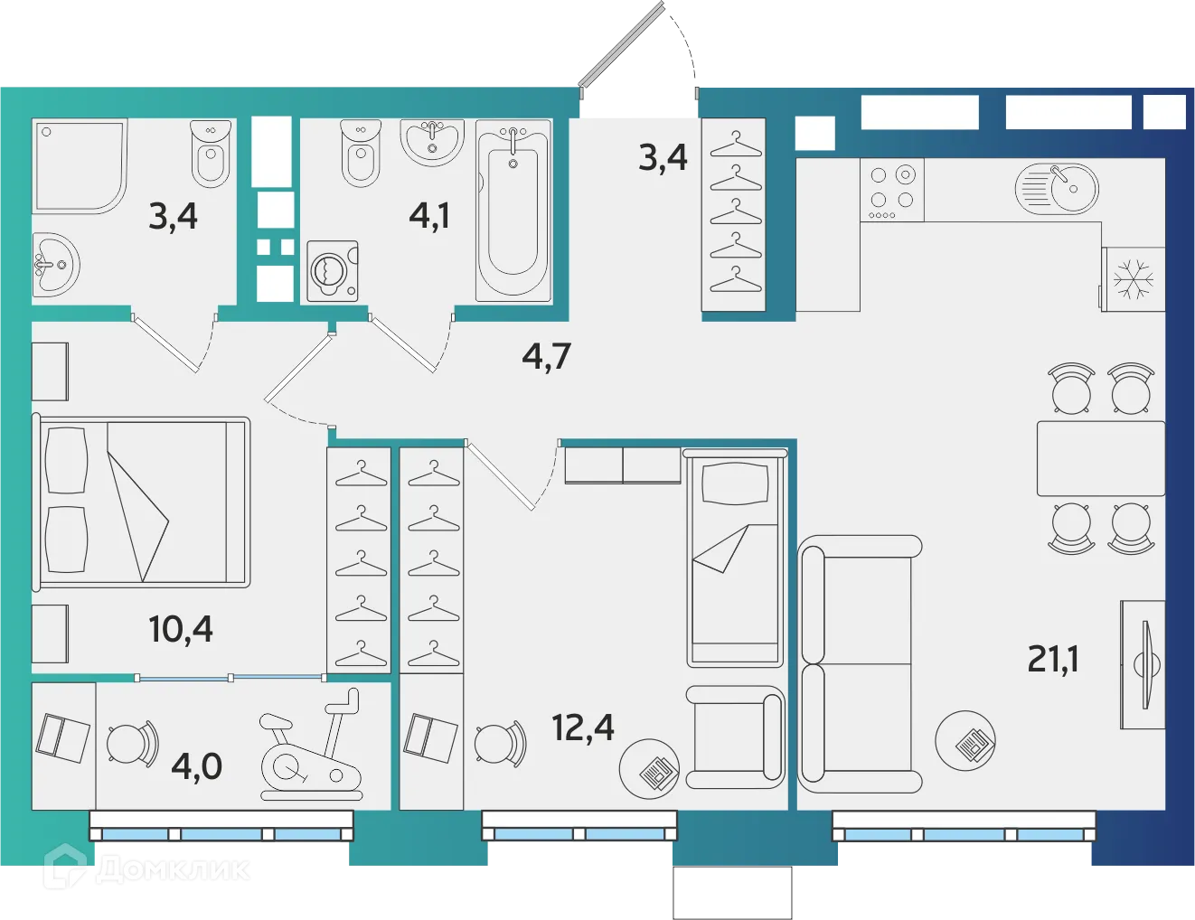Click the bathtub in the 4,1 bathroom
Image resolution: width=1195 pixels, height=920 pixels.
[x=513, y=210]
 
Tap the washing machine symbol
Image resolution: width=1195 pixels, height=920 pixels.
[x=332, y=270]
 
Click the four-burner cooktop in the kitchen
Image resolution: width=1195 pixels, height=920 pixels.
[x=892, y=189]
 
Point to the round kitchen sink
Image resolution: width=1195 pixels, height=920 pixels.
[x=1059, y=188]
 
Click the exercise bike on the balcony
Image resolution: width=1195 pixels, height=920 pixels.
[x=311, y=747]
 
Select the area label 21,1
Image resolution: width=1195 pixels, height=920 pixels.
[x=1053, y=659]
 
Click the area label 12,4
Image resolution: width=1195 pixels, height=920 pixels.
[x=583, y=727]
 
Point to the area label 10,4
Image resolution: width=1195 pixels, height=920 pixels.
[x=181, y=628]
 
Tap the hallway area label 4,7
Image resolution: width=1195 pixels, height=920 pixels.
[x=546, y=356]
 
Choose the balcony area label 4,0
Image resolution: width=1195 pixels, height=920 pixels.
[x=196, y=766]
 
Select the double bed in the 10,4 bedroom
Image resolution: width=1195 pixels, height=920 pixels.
[x=141, y=502]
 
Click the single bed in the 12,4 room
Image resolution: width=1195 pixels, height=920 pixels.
[x=734, y=559]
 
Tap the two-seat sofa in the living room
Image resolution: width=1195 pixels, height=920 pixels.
[x=859, y=664]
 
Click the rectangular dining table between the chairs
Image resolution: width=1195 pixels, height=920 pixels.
[x=1100, y=458]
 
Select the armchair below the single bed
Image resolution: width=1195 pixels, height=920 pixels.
[x=734, y=737]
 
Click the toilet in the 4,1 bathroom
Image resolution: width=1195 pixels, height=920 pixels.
[x=361, y=154]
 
